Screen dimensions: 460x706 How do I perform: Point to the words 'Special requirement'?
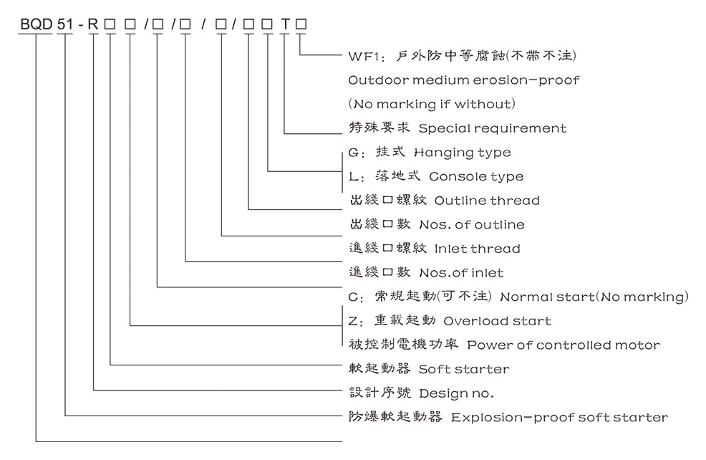[492, 128]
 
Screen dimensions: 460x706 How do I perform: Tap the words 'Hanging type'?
[473, 152]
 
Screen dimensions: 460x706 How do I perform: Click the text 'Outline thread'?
[487, 201]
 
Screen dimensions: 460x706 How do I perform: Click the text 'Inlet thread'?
[477, 249]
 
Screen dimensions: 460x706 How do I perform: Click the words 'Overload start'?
[498, 321]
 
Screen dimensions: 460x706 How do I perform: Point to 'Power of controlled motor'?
[564, 345]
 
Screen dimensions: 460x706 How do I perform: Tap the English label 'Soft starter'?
[464, 370]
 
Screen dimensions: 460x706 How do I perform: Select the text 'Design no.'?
[457, 393]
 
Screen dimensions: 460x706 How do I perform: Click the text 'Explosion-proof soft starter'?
[558, 418]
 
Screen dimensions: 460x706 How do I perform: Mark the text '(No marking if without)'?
[431, 104]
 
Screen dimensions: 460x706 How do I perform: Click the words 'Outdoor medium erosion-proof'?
[463, 80]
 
